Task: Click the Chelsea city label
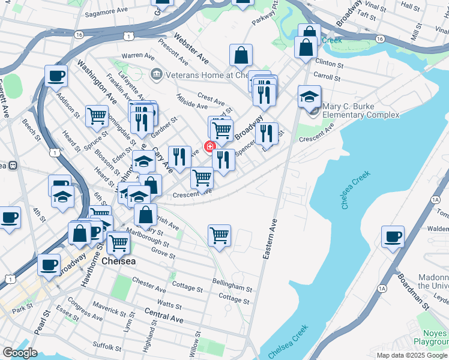pyautogui.click(x=119, y=262)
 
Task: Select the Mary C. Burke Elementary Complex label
pyautogui.click(x=360, y=111)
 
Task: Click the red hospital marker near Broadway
pyautogui.click(x=210, y=146)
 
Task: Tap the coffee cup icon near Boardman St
pyautogui.click(x=393, y=236)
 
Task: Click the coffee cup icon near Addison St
pyautogui.click(x=56, y=76)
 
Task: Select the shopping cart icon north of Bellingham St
pyautogui.click(x=220, y=235)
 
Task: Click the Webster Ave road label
pyautogui.click(x=191, y=50)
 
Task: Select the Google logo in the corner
pyautogui.click(x=20, y=353)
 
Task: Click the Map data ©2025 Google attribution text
pyautogui.click(x=412, y=355)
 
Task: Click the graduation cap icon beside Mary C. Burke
pyautogui.click(x=309, y=95)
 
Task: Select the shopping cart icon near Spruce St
pyautogui.click(x=97, y=116)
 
